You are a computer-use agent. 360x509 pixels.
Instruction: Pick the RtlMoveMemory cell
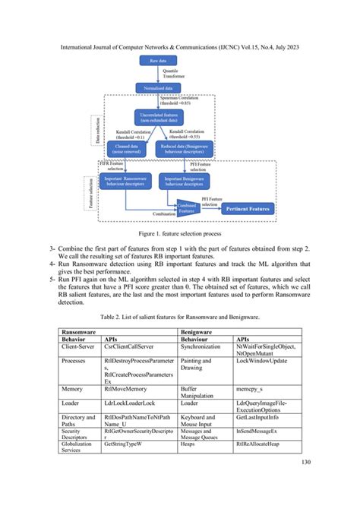[122, 387]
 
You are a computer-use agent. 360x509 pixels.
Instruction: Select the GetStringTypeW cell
[125, 443]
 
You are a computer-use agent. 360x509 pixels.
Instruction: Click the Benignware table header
[197, 332]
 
